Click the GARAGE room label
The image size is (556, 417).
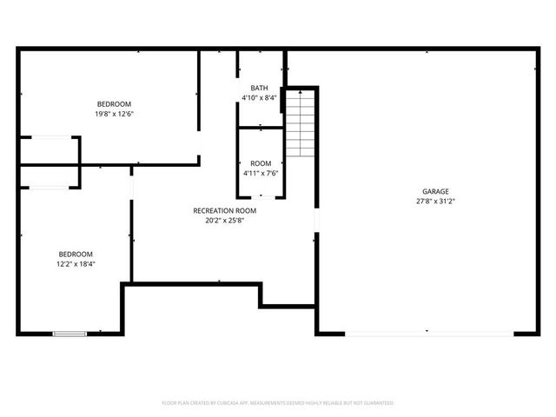(435, 191)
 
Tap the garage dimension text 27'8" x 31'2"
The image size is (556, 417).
(435, 201)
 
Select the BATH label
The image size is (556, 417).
(259, 88)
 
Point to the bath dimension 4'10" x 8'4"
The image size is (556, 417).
(259, 97)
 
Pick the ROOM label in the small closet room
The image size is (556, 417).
(260, 163)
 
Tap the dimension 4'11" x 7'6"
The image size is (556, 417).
(260, 173)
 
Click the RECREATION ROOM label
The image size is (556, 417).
(224, 210)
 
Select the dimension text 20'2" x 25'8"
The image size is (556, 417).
(224, 220)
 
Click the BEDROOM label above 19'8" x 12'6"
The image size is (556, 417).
(114, 104)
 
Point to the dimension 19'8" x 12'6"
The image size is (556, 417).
(114, 114)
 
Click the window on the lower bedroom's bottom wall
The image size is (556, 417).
(69, 333)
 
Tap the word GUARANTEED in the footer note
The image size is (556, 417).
(376, 403)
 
